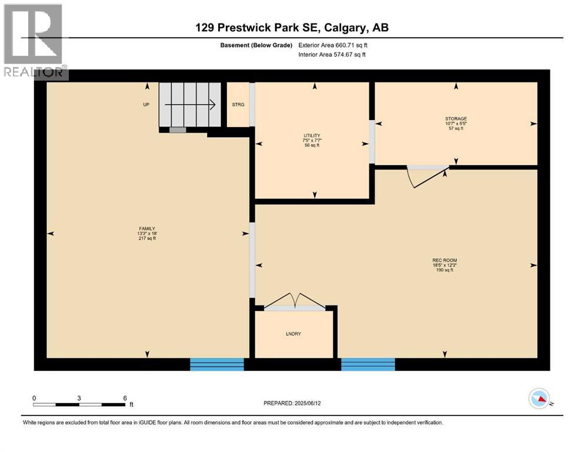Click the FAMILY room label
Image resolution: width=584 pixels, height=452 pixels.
[x=147, y=228]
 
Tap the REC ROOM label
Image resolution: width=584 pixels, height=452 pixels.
[x=444, y=260]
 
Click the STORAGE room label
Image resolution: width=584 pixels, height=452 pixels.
[x=455, y=119]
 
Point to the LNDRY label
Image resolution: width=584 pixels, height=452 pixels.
[x=293, y=334]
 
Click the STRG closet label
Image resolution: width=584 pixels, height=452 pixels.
[x=238, y=105]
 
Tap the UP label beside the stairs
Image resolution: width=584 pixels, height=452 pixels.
[x=146, y=105]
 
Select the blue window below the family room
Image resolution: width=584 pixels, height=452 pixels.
[x=216, y=364]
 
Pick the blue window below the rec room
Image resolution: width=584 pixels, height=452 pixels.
[x=368, y=364]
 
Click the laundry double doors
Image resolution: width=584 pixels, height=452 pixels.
[x=294, y=301]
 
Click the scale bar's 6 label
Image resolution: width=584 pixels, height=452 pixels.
[x=125, y=398]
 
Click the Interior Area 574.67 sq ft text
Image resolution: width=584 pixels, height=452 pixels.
[x=332, y=55]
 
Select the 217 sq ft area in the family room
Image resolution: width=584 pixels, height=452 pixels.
[x=147, y=240]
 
